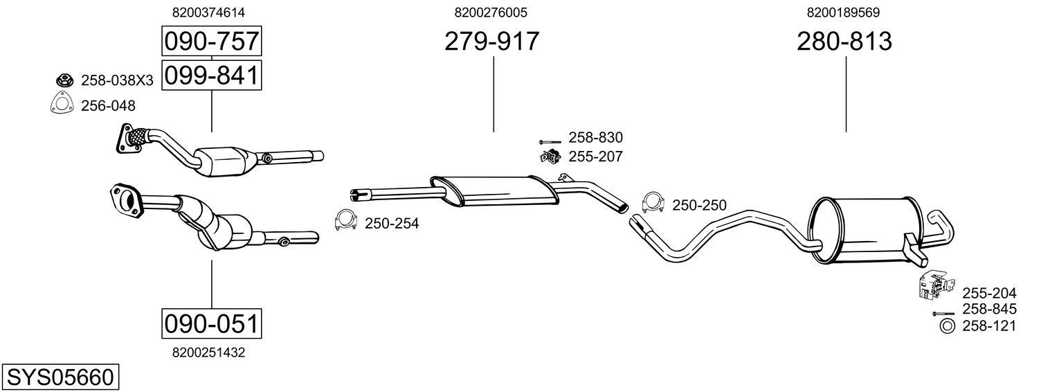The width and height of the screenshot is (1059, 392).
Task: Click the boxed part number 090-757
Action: tap(211, 42)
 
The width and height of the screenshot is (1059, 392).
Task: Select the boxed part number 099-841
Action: tap(211, 75)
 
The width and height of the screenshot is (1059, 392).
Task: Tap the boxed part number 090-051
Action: tap(211, 323)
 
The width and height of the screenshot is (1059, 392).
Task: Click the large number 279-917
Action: tap(491, 42)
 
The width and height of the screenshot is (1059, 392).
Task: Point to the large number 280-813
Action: tap(844, 42)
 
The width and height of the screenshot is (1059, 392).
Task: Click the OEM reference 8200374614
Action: tap(208, 12)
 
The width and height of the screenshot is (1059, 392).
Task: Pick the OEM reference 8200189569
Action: tap(843, 12)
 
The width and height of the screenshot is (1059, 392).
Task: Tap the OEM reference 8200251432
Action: tap(208, 352)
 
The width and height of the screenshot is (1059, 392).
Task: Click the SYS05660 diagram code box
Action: tap(60, 377)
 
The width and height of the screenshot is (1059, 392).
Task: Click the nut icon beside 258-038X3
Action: tap(64, 80)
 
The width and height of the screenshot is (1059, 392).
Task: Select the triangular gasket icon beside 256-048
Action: tap(62, 105)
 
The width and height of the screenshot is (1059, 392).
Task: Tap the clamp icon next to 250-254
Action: tap(345, 220)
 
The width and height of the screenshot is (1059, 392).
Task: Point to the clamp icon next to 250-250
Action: tap(652, 202)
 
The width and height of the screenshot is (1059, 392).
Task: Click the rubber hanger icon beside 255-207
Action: tap(550, 157)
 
